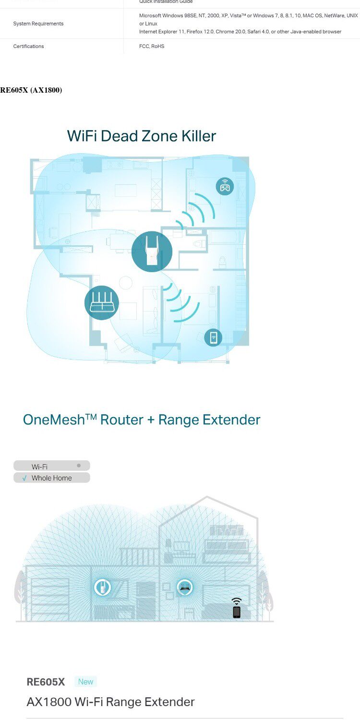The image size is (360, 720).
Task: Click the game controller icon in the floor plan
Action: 225,186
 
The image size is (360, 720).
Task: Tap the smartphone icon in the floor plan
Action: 213,337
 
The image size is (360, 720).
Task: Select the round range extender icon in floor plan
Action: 152,252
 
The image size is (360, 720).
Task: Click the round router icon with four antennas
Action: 101,302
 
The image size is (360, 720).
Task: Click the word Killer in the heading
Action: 198,136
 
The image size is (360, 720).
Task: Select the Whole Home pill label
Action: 51,478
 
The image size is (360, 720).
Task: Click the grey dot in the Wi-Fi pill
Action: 79,466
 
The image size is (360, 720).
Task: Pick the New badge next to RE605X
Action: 85,682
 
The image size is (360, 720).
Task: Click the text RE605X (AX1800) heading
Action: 31,90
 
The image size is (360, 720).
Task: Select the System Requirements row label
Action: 38,24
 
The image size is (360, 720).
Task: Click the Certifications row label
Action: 28,46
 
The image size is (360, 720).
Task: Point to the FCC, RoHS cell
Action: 151,46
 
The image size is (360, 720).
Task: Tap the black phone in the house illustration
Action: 236,612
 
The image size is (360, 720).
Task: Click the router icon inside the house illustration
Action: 185,587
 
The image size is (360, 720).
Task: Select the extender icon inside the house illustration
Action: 102,587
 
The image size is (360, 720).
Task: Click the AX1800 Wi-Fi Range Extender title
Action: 110,702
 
